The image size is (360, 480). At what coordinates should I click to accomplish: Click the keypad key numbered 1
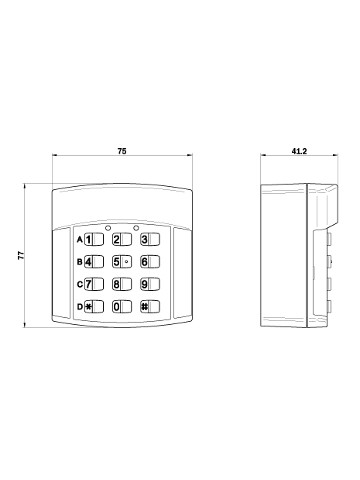[x=94, y=239]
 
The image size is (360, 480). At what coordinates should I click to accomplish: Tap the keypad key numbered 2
[x=122, y=239]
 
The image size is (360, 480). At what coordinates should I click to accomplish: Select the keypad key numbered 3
[x=150, y=239]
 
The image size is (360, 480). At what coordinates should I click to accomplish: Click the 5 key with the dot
[x=122, y=262]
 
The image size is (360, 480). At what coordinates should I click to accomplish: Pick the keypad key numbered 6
[x=150, y=262]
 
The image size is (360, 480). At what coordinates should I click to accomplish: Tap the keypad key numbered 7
[x=94, y=284]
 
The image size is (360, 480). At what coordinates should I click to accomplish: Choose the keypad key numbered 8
[x=122, y=284]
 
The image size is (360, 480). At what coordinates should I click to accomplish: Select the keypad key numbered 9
[x=150, y=284]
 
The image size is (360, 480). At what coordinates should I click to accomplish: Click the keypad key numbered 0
[x=122, y=307]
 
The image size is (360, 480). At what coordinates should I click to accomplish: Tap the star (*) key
[x=94, y=307]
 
